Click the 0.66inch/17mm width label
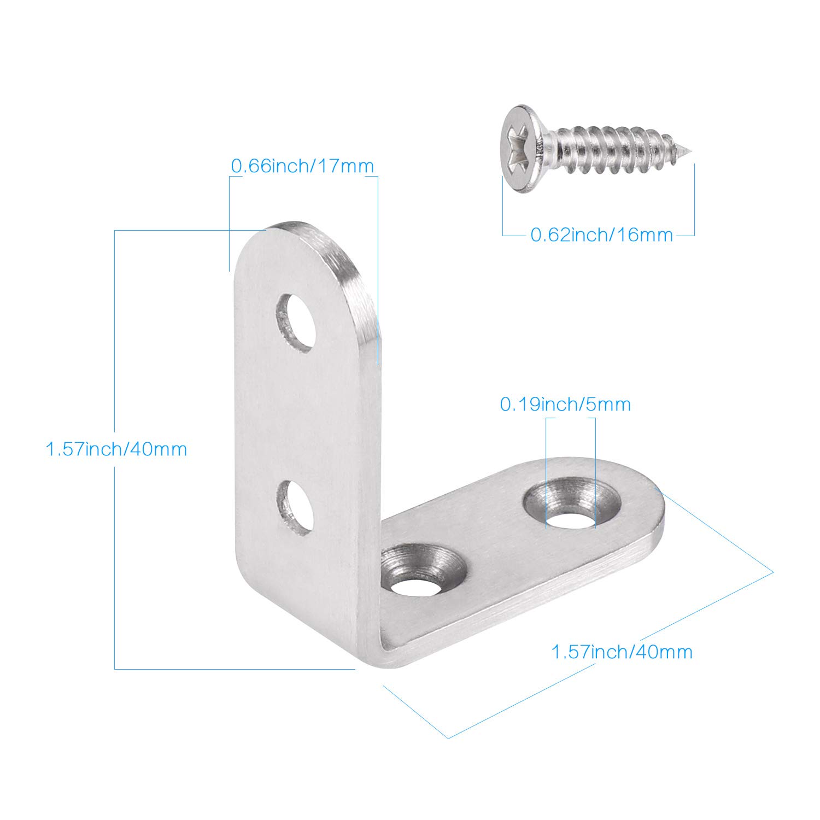(302, 166)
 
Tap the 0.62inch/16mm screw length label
(602, 235)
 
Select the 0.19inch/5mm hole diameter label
(565, 405)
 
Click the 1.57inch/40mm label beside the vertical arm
(116, 449)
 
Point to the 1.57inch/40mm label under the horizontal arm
(622, 652)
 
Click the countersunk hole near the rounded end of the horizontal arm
(572, 503)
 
